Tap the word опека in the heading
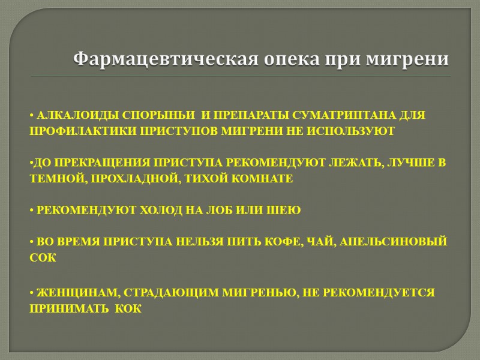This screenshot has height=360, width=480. point(281,59)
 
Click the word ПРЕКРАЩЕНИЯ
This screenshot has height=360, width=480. point(102,163)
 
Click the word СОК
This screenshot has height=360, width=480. point(43,257)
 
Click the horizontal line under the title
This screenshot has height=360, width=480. point(240,76)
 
